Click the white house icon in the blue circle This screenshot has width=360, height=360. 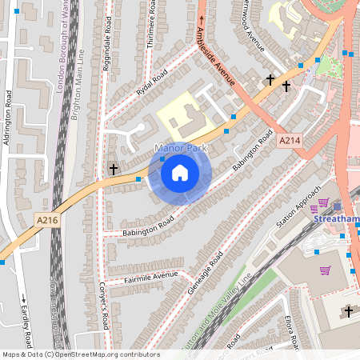click(180, 173)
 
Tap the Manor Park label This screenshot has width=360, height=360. click(181, 149)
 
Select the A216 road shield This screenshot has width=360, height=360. click(48, 218)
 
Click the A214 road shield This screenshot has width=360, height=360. click(289, 140)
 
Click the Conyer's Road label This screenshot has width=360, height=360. click(103, 307)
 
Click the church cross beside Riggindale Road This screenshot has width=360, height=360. click(114, 170)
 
